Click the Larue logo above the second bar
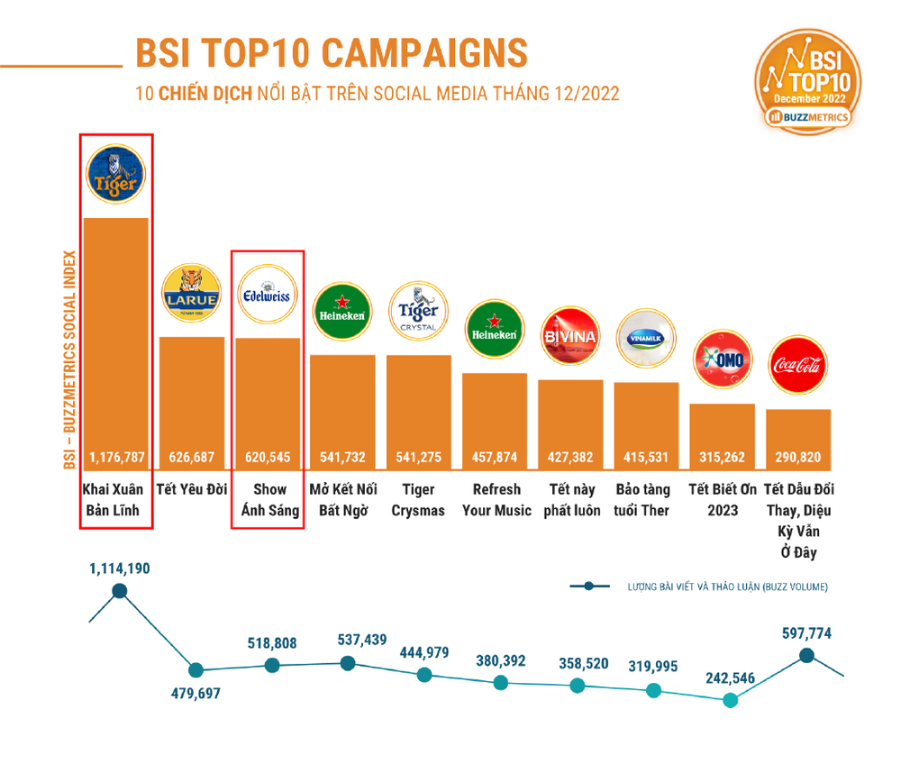click(191, 294)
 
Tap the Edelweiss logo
click(267, 294)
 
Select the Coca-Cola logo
click(797, 366)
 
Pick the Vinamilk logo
click(646, 338)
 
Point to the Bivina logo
click(569, 336)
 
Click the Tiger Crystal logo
click(418, 311)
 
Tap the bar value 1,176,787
click(116, 457)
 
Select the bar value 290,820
click(797, 457)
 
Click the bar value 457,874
click(495, 457)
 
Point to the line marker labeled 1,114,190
click(119, 592)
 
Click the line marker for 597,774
click(807, 655)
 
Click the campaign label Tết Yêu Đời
click(192, 490)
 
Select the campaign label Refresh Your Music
click(496, 500)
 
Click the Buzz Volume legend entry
click(699, 587)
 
